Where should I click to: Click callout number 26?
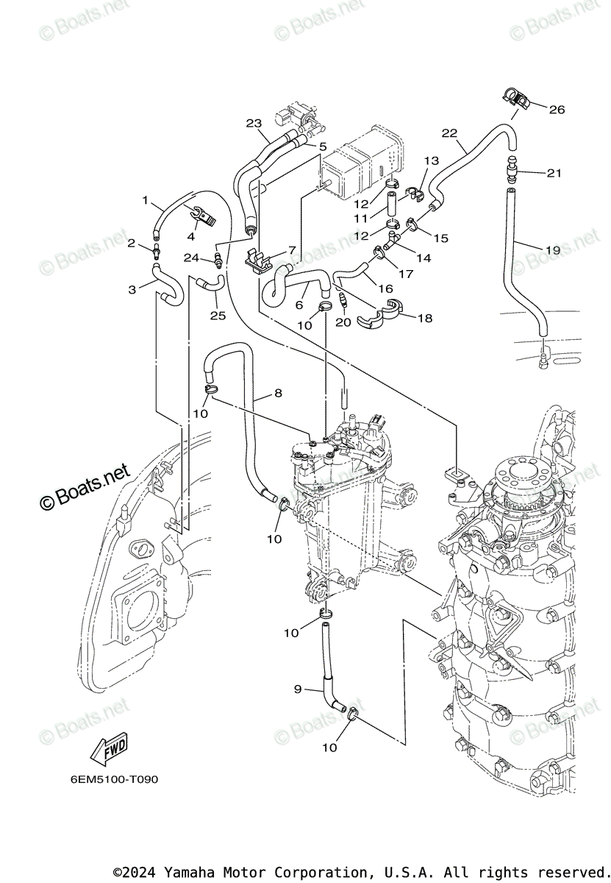pos(557,109)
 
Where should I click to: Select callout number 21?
pos(554,173)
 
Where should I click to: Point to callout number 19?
pos(552,250)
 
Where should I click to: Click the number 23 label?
pos(254,124)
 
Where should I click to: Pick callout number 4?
pos(190,236)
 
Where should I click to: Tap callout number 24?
pos(191,258)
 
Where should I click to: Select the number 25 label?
pos(218,316)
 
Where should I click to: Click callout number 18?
pos(425,318)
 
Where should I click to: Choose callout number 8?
pos(279,393)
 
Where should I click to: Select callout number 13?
pos(432,161)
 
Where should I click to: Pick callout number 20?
pos(343,322)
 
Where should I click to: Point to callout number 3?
pos(132,290)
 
